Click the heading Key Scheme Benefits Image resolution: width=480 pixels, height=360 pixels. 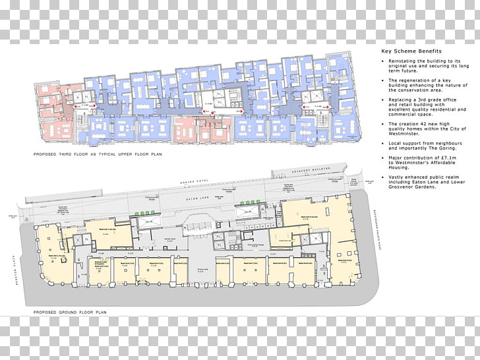pos(411,51)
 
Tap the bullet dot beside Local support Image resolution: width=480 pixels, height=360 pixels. pos(383,143)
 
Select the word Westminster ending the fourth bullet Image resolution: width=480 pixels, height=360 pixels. pos(402,133)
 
